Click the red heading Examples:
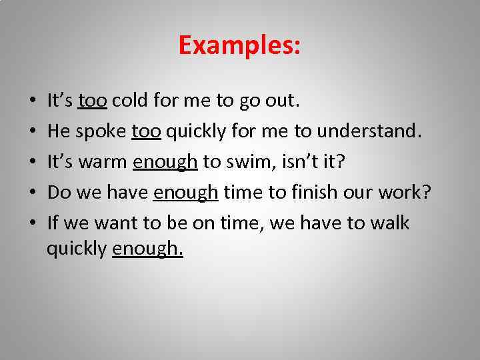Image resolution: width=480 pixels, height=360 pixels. pos(239,46)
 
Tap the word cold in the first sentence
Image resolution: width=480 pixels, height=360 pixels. pos(130,101)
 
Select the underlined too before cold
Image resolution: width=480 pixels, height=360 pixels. pos(93,101)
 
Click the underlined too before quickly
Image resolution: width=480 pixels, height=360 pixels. pos(147,132)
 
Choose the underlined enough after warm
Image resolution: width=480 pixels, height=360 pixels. pos(165,163)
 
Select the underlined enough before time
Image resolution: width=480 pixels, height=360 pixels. pos(185,193)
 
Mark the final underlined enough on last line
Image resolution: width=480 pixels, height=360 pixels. pos(147,249)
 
